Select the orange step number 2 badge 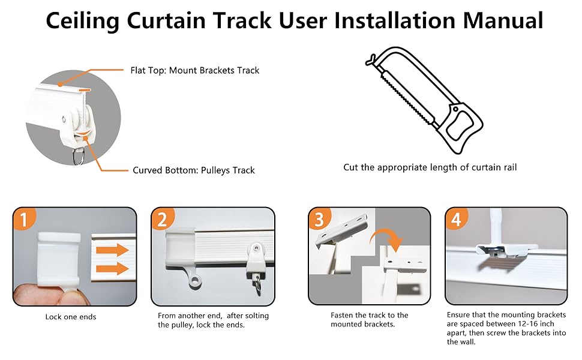click(162, 220)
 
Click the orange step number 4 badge click(456, 220)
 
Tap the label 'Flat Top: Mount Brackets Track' click(194, 70)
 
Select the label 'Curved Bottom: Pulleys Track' click(193, 170)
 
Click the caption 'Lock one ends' click(70, 316)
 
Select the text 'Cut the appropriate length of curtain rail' click(430, 167)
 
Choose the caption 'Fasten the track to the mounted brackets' click(369, 320)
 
